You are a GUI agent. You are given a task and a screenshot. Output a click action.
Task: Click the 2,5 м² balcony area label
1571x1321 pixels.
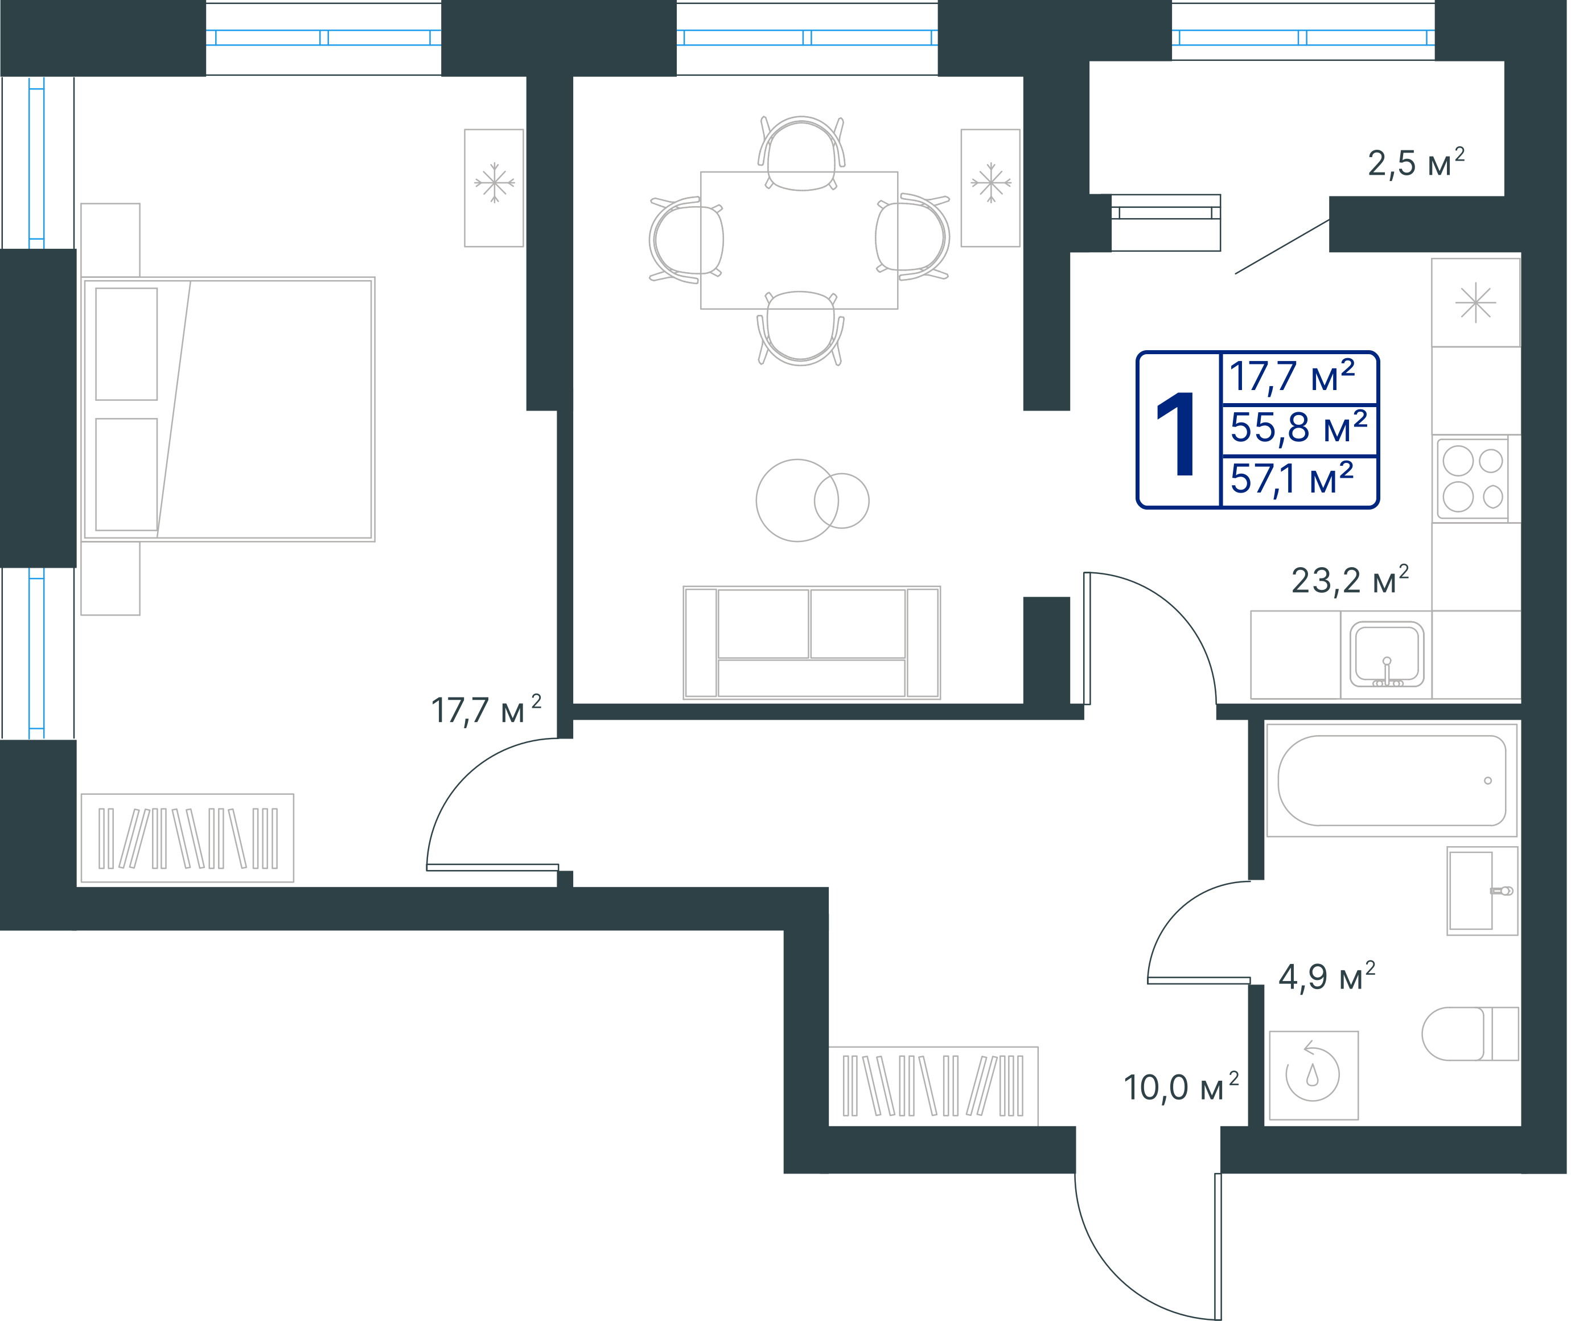1415,162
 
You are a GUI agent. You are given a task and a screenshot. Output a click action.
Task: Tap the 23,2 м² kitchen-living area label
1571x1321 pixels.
1350,580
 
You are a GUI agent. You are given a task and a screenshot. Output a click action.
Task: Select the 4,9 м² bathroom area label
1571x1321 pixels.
1326,977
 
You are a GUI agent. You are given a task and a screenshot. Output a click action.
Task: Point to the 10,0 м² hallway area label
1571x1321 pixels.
1181,1086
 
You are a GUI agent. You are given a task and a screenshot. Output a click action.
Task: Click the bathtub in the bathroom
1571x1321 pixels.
1391,780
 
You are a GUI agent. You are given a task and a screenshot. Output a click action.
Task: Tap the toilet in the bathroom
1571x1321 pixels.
1470,1033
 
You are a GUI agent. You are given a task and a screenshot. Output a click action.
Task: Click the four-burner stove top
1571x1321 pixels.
1472,478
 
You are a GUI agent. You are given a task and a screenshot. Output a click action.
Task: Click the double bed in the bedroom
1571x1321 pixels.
228,409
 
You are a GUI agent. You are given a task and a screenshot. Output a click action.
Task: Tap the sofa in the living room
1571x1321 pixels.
811,642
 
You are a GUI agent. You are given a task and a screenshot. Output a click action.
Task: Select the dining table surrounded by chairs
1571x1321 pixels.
799,240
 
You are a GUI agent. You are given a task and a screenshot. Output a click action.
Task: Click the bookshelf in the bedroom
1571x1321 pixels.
187,838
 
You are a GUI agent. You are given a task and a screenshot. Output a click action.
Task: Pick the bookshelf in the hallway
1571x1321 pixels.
933,1086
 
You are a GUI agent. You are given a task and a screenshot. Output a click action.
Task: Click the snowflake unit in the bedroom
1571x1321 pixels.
494,188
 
